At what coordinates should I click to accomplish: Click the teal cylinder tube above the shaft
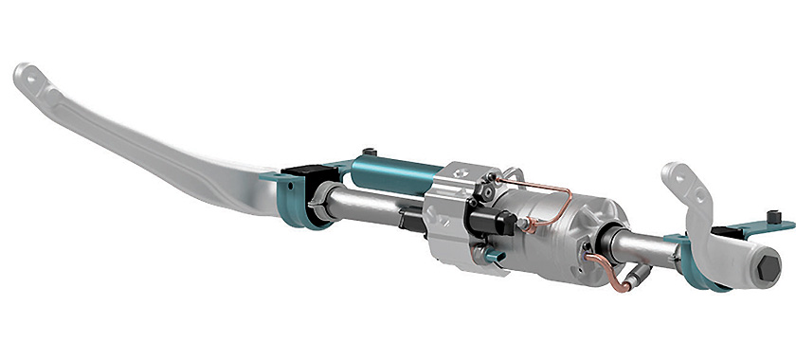tap(393, 173)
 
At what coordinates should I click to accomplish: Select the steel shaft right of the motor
tap(644, 248)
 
